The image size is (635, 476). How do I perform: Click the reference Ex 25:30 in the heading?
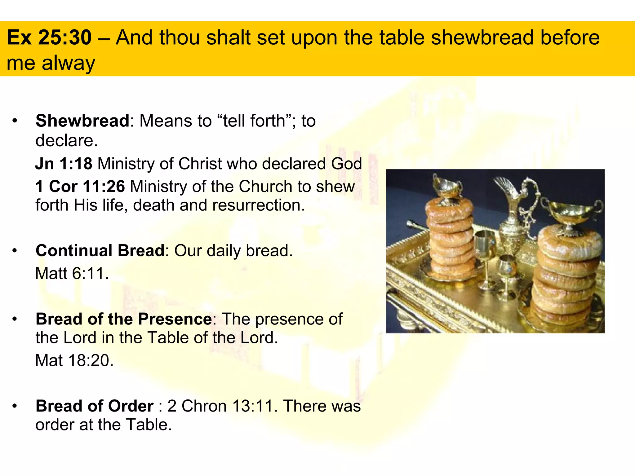[x=49, y=37]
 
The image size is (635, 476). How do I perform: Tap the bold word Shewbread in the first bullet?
[x=82, y=121]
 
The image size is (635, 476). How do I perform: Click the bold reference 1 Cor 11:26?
[x=80, y=186]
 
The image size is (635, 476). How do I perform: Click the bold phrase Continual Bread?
[x=100, y=250]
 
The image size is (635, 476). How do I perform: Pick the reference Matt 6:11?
[x=72, y=273]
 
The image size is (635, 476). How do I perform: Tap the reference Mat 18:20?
[x=74, y=360]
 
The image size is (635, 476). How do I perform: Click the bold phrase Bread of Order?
[x=95, y=406]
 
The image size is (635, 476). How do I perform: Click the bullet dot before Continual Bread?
[x=14, y=250]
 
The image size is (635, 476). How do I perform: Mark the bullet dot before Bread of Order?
[x=14, y=406]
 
